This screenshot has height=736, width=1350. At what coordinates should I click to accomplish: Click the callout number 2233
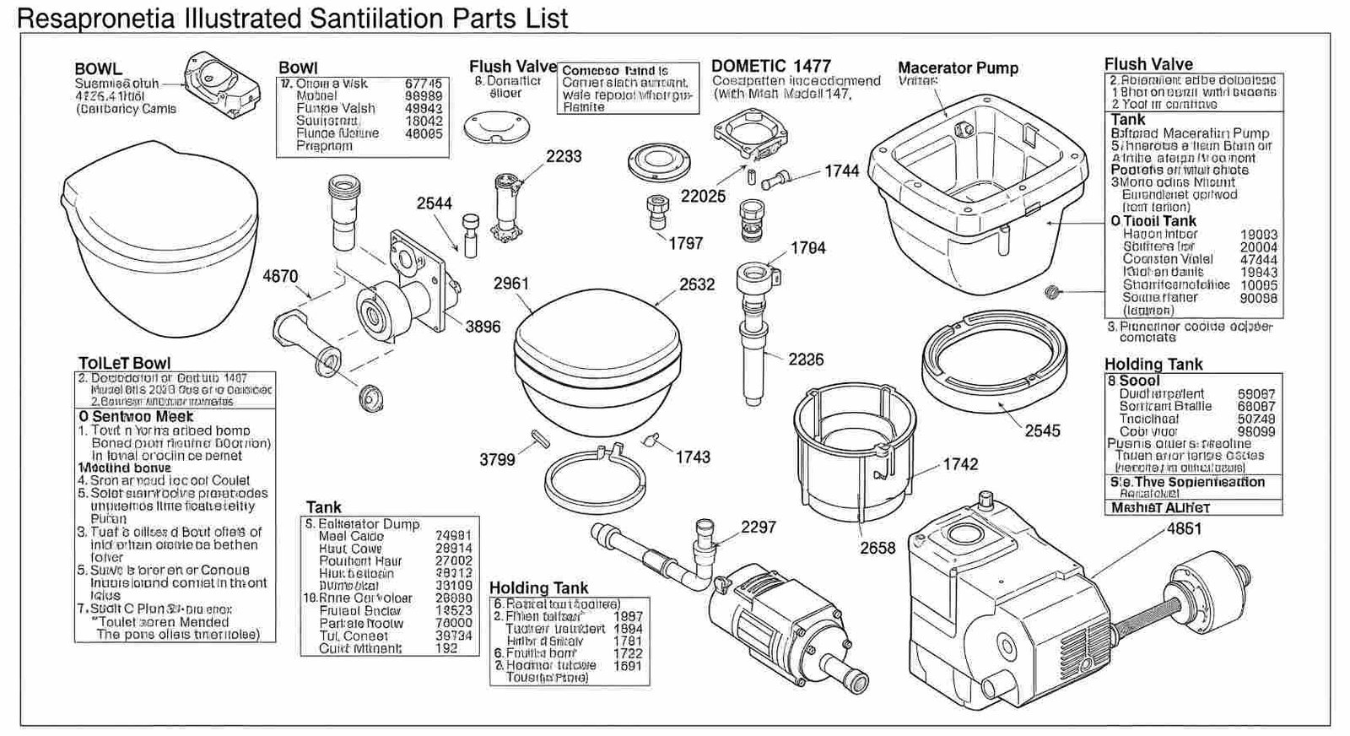coord(563,156)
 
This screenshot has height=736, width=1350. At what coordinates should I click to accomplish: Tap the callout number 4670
coord(280,276)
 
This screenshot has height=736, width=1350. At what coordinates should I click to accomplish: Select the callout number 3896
coord(483,327)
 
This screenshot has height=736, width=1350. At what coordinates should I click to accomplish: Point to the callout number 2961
coord(511,284)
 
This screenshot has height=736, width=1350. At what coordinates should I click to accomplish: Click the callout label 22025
coord(703,196)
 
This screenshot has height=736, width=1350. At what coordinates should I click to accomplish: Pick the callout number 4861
coord(1184,529)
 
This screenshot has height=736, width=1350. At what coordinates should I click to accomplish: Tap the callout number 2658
coord(877,548)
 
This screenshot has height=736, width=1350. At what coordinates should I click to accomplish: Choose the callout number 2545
coord(1042,430)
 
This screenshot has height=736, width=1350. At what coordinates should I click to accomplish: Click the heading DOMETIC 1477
coord(770,66)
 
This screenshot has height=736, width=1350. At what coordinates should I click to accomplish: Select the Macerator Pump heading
coord(958,68)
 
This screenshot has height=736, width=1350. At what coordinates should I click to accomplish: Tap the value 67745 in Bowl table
coord(424,84)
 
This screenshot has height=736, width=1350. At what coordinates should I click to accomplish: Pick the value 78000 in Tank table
coord(454,623)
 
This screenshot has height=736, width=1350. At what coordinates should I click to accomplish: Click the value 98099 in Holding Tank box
coord(1256,431)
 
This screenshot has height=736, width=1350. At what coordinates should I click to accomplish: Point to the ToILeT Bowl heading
coord(124,363)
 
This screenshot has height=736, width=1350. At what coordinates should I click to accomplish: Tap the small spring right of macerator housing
coord(1051,292)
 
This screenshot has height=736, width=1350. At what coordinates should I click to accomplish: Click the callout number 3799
coord(497,460)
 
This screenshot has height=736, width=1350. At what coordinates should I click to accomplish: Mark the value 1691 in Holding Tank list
coord(627,665)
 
